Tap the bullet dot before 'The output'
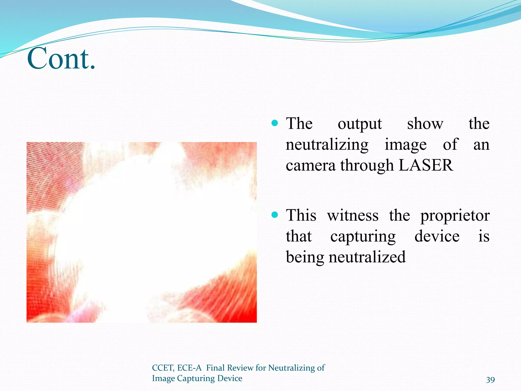(275, 123)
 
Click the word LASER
(426, 165)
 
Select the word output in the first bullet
(359, 124)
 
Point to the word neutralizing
(327, 145)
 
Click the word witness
(353, 216)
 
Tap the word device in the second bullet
(437, 236)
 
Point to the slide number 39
(490, 380)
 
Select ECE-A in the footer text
(189, 368)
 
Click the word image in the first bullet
(406, 145)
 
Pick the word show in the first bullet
(425, 124)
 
